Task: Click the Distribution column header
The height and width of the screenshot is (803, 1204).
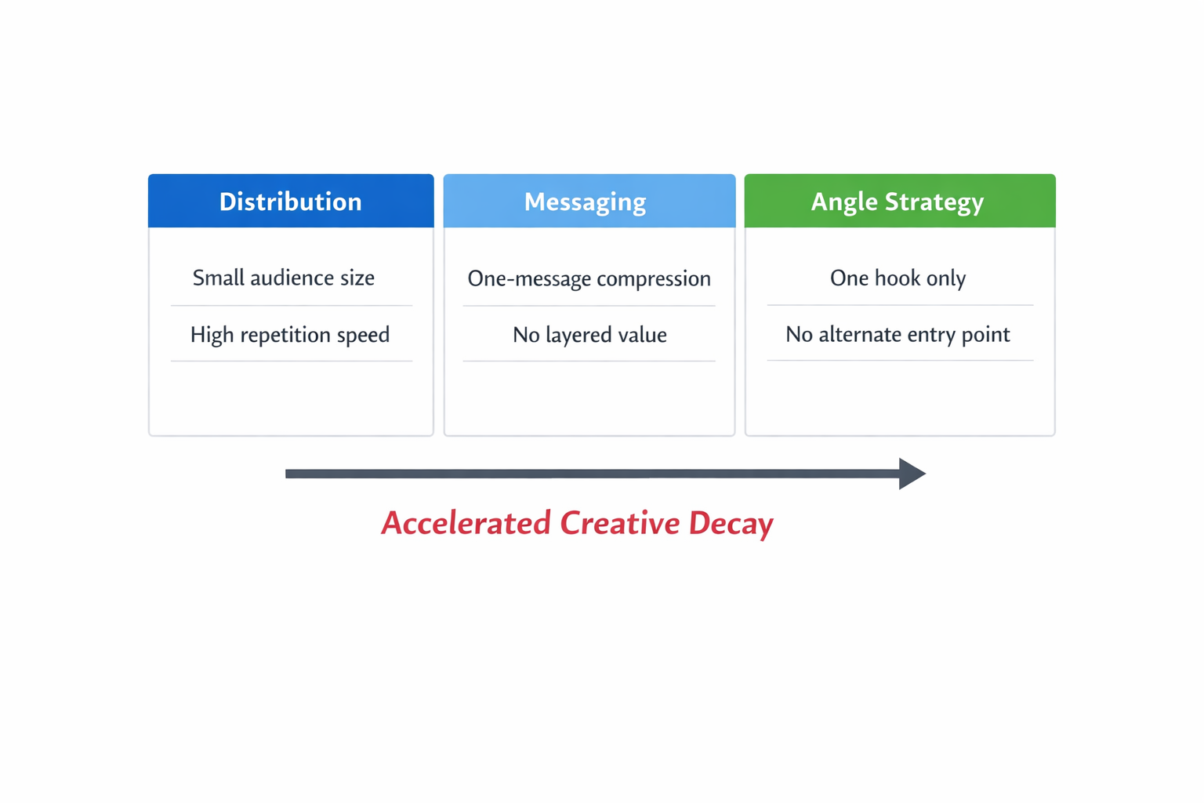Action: click(x=290, y=202)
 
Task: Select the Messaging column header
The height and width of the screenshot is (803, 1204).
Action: click(x=585, y=202)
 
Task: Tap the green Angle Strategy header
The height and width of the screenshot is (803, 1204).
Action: click(x=898, y=202)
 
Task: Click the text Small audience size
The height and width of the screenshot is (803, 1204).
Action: click(x=283, y=278)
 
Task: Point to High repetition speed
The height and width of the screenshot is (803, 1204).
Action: click(x=289, y=335)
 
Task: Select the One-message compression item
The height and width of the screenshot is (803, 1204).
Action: click(x=589, y=278)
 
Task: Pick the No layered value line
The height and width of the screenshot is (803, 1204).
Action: click(x=589, y=335)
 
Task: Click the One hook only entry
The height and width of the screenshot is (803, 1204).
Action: click(x=898, y=278)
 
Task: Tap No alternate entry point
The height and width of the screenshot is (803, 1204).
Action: click(x=898, y=335)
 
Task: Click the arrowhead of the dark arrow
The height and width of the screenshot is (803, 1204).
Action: click(x=912, y=474)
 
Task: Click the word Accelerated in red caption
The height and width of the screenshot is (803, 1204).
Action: click(x=466, y=523)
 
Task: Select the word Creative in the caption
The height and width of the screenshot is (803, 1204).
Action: click(x=619, y=523)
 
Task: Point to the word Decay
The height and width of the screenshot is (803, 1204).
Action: click(x=731, y=523)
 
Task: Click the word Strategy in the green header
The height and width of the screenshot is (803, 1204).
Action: click(x=934, y=202)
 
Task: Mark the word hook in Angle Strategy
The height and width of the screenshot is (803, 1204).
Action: click(x=897, y=278)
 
